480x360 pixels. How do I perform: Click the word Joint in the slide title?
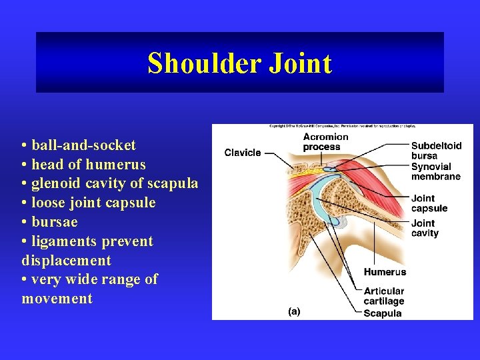click(301, 63)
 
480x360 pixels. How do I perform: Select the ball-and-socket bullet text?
click(79, 145)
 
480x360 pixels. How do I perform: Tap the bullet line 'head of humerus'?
click(83, 165)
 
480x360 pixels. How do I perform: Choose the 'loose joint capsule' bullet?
click(89, 203)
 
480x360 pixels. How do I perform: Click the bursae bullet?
click(50, 222)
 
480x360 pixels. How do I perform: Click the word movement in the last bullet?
click(57, 298)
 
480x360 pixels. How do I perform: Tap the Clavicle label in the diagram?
click(243, 153)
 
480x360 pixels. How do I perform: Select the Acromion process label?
click(325, 141)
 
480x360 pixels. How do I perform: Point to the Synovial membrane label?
click(435, 171)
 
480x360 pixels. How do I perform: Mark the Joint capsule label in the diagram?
click(429, 203)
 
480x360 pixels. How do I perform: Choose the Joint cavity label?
click(425, 228)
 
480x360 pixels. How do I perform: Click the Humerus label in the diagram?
click(385, 272)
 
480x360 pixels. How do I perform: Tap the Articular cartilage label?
click(384, 296)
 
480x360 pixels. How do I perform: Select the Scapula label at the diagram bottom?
click(383, 313)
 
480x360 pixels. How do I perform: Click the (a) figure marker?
click(293, 311)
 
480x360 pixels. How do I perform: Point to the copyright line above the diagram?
click(342, 127)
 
